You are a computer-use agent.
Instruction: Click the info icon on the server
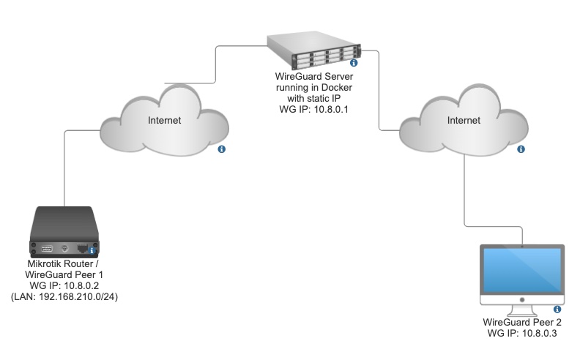point(353,64)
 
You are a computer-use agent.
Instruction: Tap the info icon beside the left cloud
point(222,149)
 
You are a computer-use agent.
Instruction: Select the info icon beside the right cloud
point(521,149)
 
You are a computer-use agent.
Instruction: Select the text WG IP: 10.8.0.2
point(66,285)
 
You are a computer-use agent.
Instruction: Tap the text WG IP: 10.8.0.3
point(522,333)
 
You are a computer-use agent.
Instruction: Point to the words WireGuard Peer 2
point(522,322)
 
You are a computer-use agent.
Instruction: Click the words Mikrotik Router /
point(66,263)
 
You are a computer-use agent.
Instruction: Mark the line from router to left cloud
point(65,168)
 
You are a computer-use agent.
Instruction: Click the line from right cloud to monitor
point(466,190)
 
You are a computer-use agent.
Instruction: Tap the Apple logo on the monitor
point(521,300)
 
